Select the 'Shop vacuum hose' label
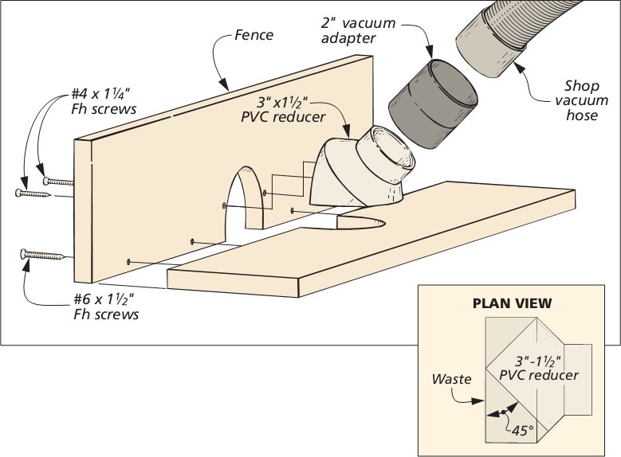[x=581, y=100]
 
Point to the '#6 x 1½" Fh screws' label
[x=103, y=307]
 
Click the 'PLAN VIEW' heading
[x=512, y=303]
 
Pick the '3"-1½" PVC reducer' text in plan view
[x=537, y=368]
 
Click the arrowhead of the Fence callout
[x=227, y=85]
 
